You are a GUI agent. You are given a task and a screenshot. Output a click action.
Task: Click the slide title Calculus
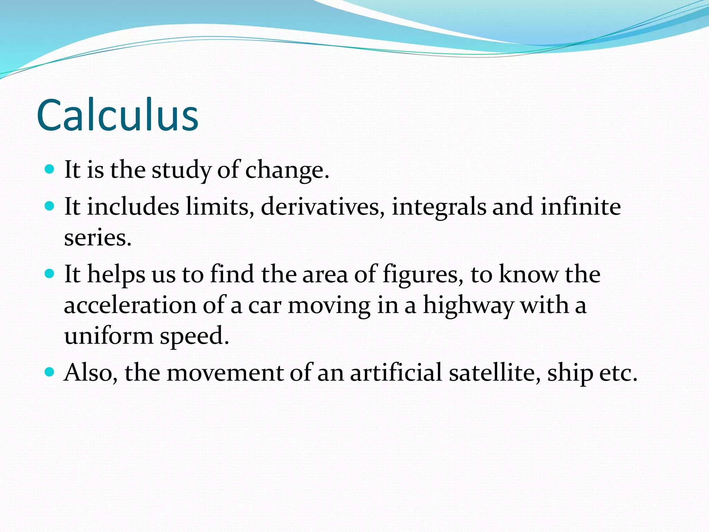point(117,115)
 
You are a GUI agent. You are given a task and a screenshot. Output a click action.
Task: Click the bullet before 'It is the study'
point(50,169)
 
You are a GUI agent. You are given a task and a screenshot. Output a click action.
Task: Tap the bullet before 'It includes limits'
point(50,206)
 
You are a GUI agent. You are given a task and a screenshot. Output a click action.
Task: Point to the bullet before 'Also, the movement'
point(50,372)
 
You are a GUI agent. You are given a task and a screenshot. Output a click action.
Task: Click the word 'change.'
point(287,170)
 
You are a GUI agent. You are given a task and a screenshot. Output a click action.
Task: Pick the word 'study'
point(181,170)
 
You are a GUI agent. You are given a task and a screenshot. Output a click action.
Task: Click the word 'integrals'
point(439,207)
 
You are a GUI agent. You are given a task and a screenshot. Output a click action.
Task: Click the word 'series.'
point(98,238)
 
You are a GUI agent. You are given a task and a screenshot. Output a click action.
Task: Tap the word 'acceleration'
point(131,305)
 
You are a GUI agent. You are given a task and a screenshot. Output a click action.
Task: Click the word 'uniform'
point(109,336)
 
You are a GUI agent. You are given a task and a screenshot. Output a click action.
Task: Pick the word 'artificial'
point(396,373)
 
